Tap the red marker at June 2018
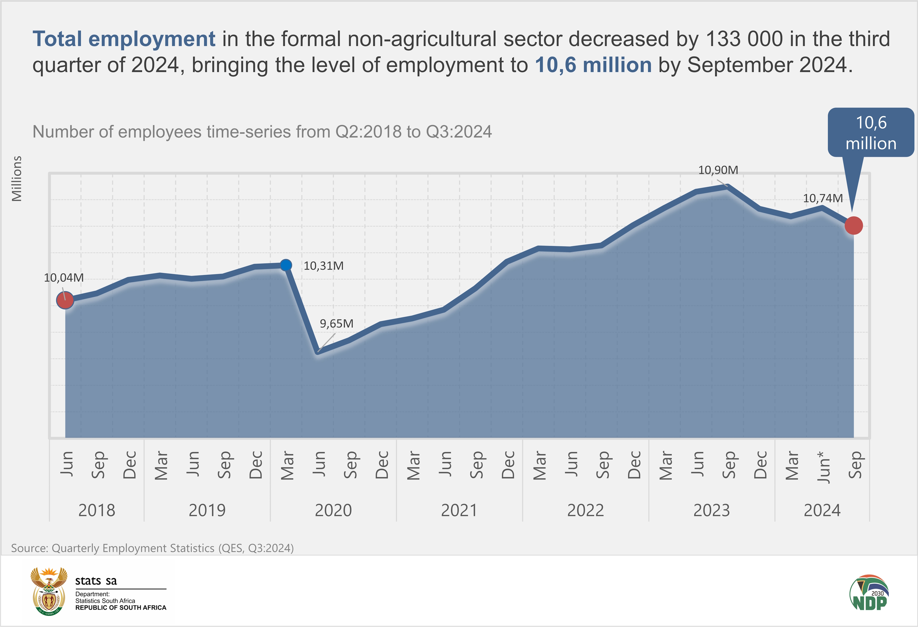coord(65,300)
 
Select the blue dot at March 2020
coord(286,265)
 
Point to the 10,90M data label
coord(718,170)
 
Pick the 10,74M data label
coord(823,198)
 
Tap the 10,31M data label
coord(323,266)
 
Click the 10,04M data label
coord(64,278)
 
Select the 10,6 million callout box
coord(871,133)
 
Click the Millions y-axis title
coord(17,179)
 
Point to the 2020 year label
coord(333,510)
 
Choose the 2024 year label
coord(822,510)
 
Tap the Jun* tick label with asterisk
coord(823,467)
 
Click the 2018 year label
coord(97,510)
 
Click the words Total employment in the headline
coord(124,39)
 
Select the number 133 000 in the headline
coord(744,39)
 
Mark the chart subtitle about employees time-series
coord(262,132)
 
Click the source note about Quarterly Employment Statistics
coord(152,548)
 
